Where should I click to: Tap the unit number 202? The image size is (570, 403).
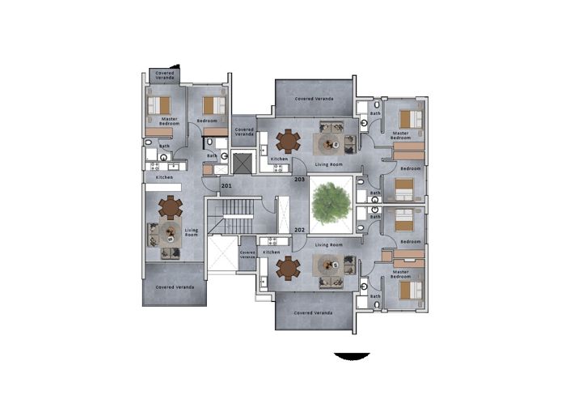click(299, 229)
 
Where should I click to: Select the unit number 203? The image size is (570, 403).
click(299, 179)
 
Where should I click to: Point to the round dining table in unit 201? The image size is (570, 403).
click(171, 208)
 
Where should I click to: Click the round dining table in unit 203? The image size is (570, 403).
click(287, 140)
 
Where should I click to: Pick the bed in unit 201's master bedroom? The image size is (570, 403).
click(160, 105)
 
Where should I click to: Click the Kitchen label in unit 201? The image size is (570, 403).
click(164, 176)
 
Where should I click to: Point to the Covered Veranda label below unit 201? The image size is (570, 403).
click(175, 287)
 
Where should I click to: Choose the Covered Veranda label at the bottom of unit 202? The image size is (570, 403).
click(315, 312)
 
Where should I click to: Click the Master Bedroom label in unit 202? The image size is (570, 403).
click(401, 274)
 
